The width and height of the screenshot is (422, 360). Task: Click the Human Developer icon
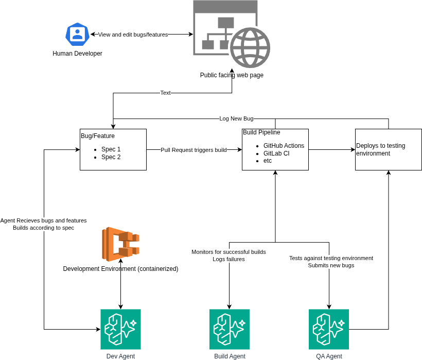78,35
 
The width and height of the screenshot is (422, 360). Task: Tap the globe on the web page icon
250,47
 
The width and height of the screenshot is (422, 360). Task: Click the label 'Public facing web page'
232,75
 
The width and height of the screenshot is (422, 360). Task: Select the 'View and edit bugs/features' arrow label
133,35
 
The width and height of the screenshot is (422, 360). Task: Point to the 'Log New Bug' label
236,118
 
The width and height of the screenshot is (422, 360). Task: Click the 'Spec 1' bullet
111,149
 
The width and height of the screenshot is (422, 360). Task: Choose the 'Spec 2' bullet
111,157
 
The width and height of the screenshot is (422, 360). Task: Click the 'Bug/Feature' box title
98,136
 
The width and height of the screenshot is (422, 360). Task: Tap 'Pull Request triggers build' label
194,150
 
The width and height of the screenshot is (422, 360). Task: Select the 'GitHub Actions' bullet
284,146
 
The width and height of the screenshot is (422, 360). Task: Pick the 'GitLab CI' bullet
276,153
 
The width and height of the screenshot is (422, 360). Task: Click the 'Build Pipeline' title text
261,132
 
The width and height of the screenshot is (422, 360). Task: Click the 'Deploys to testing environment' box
388,149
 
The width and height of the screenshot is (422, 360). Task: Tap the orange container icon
120,244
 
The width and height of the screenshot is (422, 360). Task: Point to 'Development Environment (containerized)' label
120,269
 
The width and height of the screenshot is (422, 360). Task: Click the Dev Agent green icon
120,329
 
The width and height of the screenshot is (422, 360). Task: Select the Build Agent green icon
230,329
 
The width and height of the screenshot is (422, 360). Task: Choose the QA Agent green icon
329,329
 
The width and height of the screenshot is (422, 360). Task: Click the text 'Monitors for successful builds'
228,252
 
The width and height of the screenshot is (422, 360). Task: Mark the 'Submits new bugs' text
331,266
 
